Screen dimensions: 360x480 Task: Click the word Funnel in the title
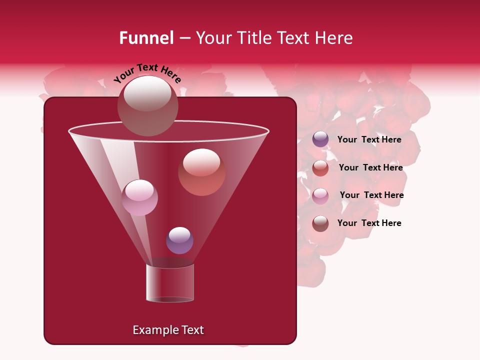(x=146, y=38)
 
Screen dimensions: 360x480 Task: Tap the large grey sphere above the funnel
(x=148, y=105)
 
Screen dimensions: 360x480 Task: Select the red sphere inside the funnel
(x=201, y=172)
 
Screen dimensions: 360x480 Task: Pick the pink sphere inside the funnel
(x=139, y=197)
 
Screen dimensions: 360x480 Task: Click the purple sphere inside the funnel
(x=179, y=240)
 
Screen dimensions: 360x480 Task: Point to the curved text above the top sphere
(x=147, y=73)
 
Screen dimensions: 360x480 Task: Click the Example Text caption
(x=168, y=330)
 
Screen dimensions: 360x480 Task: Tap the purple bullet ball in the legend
(x=320, y=139)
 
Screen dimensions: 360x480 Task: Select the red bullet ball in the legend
(x=320, y=168)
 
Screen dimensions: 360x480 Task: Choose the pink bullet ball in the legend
(x=320, y=196)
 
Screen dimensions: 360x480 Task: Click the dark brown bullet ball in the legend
(x=320, y=223)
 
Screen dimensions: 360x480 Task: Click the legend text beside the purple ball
(x=369, y=140)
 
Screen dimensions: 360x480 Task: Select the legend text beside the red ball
(x=370, y=168)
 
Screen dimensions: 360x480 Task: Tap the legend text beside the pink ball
(x=371, y=195)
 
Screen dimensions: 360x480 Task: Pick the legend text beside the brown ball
(x=369, y=223)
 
